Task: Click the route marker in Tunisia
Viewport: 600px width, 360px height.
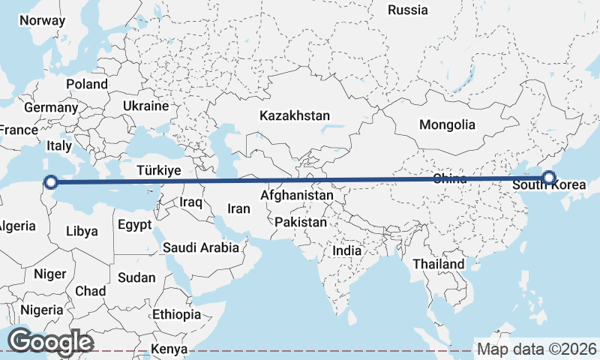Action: pyautogui.click(x=50, y=181)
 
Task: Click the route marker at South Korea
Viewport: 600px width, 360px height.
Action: pyautogui.click(x=549, y=178)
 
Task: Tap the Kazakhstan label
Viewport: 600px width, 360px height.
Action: pyautogui.click(x=295, y=116)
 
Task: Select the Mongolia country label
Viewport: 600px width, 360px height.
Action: pyautogui.click(x=447, y=124)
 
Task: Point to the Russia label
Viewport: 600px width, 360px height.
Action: pyautogui.click(x=408, y=10)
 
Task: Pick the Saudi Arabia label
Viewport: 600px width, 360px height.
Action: pyautogui.click(x=201, y=247)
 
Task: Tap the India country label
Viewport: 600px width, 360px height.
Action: pyautogui.click(x=346, y=251)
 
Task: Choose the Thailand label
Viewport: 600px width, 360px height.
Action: pyautogui.click(x=439, y=264)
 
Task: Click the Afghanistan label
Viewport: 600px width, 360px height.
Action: pyautogui.click(x=296, y=196)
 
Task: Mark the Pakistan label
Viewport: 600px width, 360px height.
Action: pyautogui.click(x=301, y=223)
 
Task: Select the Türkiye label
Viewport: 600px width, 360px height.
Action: pyautogui.click(x=159, y=171)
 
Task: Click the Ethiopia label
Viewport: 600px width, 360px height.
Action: pyautogui.click(x=176, y=314)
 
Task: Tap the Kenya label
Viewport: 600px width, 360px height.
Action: pyautogui.click(x=169, y=349)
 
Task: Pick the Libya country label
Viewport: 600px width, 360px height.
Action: pyautogui.click(x=82, y=231)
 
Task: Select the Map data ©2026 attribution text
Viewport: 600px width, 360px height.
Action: pyautogui.click(x=537, y=349)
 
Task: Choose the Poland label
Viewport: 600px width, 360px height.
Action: pyautogui.click(x=87, y=84)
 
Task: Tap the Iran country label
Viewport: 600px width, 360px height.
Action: pyautogui.click(x=238, y=209)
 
